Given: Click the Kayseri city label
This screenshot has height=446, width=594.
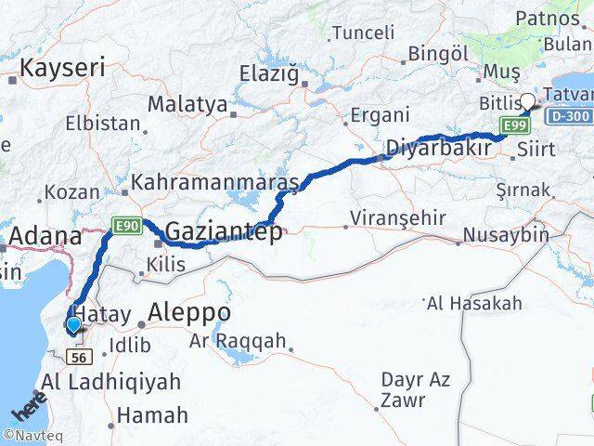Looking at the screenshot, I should pos(62,67).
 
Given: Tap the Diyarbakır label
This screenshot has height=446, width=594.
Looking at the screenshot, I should pos(437,147).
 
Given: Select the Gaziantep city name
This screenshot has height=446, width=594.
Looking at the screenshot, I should pos(226,232).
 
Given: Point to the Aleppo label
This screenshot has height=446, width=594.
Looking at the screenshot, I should pos(189,311).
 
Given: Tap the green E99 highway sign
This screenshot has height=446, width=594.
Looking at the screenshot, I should pos(512,125).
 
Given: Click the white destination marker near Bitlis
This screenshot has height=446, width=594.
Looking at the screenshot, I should pos(527,102).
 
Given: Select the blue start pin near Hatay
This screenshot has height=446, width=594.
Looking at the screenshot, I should pos(72,324).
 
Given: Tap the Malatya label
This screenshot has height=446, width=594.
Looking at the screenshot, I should pos(187,104).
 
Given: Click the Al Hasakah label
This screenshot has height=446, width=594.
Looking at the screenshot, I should pos(487,303).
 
